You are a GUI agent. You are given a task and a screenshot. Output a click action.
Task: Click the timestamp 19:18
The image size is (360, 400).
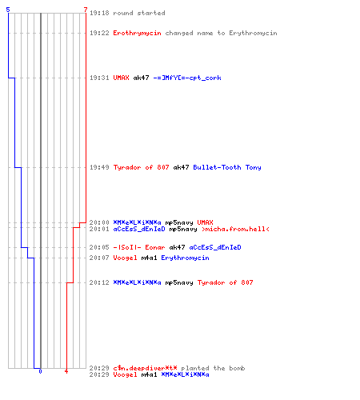pos(99,13)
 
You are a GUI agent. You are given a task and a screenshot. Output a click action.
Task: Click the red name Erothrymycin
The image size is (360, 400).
pos(137,33)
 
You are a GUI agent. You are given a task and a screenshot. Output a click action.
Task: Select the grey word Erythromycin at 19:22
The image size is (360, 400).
pos(253,33)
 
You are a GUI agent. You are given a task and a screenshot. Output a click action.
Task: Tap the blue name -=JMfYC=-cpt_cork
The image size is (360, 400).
pos(187,78)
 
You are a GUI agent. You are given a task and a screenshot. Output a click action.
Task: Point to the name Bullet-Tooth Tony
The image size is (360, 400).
pos(227,167)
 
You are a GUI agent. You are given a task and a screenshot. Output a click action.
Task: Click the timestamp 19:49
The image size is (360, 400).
pos(99,167)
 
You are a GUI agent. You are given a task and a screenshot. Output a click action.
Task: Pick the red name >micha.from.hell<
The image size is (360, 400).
pos(235,229)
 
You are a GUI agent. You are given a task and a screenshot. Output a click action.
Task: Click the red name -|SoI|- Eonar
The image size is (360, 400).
pos(139,247)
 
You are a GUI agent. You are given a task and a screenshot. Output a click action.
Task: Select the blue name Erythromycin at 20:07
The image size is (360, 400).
pos(185,258)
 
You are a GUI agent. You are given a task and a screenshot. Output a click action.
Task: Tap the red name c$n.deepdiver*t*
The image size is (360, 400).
pos(145,368)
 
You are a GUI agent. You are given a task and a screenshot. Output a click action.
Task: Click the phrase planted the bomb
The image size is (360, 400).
pos(213,368)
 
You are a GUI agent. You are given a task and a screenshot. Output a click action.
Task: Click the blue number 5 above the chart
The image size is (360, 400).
pos(8,10)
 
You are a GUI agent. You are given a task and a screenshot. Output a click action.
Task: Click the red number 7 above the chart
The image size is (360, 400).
pos(86,10)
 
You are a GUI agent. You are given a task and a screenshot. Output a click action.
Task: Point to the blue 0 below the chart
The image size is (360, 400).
pos(40,371)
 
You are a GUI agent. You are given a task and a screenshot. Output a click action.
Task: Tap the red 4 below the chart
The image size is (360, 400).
pos(66,371)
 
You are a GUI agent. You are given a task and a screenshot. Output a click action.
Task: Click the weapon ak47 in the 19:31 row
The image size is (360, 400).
pos(141,78)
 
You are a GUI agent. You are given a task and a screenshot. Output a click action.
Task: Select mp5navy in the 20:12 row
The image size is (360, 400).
pos(179,282)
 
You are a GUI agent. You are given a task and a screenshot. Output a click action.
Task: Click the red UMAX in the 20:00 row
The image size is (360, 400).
pos(205,222)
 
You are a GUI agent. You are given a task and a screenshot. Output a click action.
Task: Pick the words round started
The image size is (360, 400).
pos(139,13)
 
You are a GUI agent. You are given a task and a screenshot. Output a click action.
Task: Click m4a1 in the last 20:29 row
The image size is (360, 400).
pos(149,374)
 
